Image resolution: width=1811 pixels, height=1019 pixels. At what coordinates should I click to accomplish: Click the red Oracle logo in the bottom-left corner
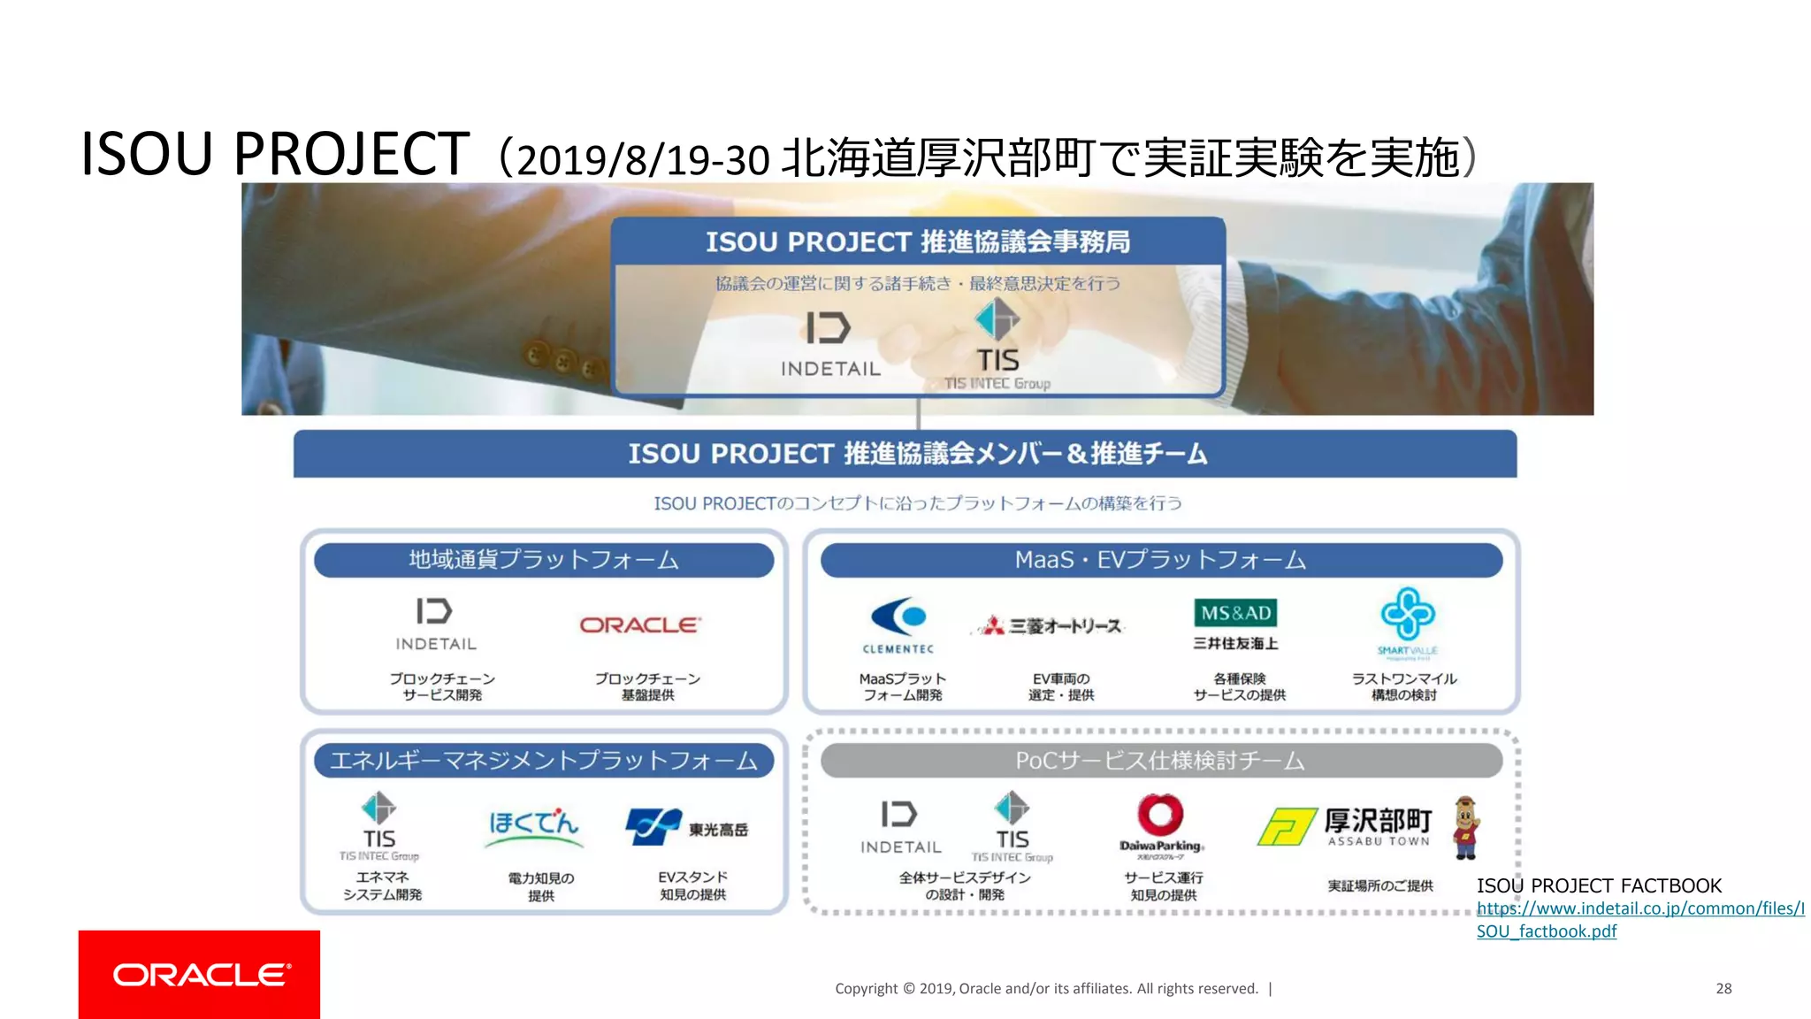199,974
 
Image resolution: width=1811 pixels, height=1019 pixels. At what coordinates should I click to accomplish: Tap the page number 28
1723,988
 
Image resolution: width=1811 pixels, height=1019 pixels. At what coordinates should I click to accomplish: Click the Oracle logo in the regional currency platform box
640,624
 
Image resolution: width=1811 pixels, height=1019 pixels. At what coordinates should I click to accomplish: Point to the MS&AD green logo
1235,613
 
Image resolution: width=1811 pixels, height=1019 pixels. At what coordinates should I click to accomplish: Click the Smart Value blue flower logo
1407,614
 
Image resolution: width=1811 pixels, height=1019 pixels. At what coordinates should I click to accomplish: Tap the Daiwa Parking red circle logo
1160,814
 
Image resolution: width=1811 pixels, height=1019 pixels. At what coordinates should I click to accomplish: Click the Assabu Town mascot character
1466,827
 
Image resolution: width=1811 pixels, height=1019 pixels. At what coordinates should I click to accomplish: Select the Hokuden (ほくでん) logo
534,825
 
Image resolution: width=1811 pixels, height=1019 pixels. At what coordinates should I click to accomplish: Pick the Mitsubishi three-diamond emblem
995,626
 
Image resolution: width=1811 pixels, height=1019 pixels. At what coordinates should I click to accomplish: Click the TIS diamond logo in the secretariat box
997,319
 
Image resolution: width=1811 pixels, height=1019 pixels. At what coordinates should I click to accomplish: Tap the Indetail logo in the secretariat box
829,329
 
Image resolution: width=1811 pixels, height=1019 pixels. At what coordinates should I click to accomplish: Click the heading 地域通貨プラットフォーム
543,560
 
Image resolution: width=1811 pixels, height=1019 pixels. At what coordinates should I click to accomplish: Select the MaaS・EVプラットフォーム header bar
1160,560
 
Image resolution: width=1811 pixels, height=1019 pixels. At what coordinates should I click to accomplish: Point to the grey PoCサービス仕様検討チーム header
1160,761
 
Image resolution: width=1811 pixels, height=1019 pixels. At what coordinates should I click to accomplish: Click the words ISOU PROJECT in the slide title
275,155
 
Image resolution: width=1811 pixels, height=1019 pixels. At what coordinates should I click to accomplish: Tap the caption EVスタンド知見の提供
692,885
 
